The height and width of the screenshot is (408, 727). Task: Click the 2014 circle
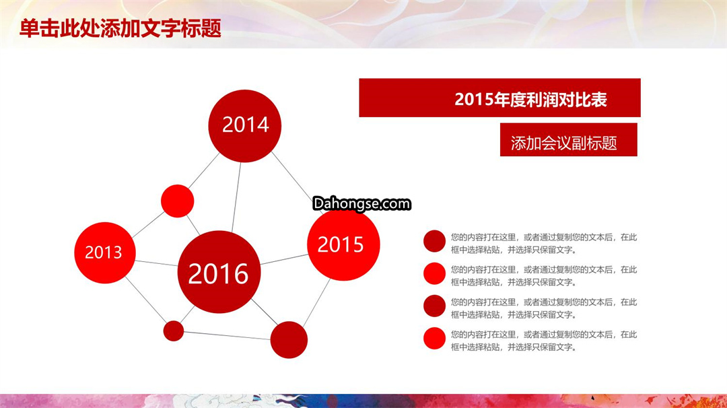click(x=245, y=126)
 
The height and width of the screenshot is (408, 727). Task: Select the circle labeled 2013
click(x=105, y=252)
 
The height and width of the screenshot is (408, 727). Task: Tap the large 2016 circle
click(x=219, y=272)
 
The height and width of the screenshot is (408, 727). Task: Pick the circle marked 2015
click(x=343, y=244)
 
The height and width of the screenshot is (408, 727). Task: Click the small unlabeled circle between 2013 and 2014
click(x=178, y=201)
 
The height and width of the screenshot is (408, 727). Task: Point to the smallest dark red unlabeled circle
click(x=174, y=331)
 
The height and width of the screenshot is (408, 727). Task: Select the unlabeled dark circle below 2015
click(x=289, y=340)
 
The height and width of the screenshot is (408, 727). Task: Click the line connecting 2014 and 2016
click(x=236, y=197)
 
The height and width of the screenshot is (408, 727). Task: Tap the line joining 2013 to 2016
click(x=156, y=263)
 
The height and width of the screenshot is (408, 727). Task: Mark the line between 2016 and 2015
click(x=284, y=259)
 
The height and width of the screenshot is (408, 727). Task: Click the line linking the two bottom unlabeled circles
click(x=228, y=336)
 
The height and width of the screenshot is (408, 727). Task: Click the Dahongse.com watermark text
click(x=361, y=203)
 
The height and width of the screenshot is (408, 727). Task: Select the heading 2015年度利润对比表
click(x=530, y=99)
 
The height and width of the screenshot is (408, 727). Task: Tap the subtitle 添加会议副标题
click(x=564, y=143)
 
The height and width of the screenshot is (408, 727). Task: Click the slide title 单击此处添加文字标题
click(x=120, y=28)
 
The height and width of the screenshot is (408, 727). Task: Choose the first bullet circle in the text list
click(x=434, y=241)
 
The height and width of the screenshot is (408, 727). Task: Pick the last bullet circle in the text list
click(x=434, y=339)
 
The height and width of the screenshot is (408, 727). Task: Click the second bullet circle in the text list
click(x=434, y=273)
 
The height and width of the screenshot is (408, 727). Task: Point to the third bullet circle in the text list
click(x=434, y=306)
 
